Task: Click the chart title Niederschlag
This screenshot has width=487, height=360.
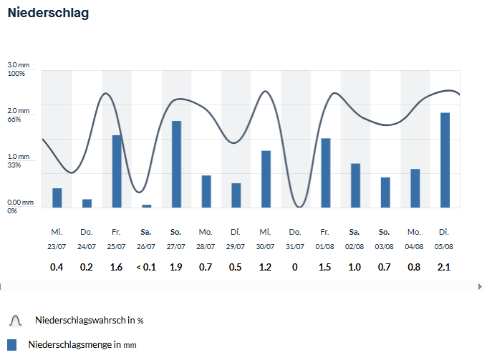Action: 48,13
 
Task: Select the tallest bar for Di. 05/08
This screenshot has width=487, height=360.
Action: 445,160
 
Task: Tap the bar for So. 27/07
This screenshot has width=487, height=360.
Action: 176,164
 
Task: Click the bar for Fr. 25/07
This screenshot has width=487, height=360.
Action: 117,171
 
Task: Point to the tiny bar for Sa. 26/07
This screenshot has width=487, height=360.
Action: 147,206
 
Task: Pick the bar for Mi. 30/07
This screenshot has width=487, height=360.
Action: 266,179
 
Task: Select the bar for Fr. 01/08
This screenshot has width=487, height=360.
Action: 325,173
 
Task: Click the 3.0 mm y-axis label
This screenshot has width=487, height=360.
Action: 19,65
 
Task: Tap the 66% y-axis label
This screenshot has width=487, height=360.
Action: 14,120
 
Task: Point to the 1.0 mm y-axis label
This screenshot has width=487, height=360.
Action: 19,157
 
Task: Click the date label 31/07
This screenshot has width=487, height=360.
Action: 295,246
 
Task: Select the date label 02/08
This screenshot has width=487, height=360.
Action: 355,246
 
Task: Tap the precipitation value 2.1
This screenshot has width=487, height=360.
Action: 444,267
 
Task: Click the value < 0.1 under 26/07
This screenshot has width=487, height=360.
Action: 146,267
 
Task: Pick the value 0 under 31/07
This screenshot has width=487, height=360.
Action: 295,267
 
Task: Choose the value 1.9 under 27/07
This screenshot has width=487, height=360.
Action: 175,267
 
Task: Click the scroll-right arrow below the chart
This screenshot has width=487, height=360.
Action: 480,286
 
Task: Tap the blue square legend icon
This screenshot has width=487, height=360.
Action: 11,345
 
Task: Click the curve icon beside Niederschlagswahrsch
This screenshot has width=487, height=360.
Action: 16,321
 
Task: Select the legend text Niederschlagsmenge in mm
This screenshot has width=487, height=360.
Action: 82,344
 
